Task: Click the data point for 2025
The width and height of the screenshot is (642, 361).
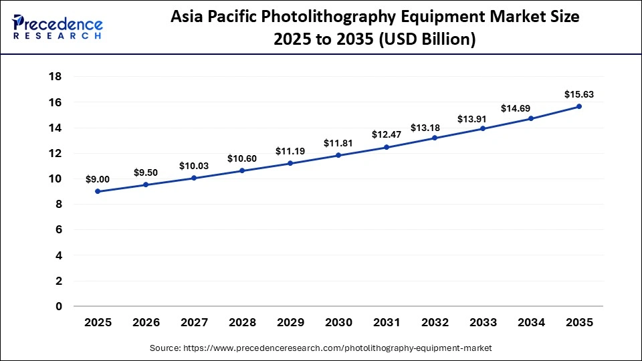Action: [x=98, y=191]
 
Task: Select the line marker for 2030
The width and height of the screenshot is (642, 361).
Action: [x=338, y=155]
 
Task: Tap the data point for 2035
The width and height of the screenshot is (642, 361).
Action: [x=579, y=106]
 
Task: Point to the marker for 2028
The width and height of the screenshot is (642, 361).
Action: [x=242, y=170]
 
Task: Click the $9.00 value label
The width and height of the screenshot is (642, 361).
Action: [x=98, y=179]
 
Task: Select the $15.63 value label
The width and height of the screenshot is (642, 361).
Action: [x=579, y=94]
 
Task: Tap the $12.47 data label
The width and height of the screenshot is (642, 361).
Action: [x=387, y=135]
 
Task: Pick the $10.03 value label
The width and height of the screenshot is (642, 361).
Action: [x=194, y=166]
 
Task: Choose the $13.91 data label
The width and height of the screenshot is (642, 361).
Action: [x=483, y=118]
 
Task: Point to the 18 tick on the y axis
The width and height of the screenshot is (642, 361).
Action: [x=56, y=77]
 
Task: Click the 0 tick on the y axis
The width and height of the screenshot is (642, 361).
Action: [x=59, y=306]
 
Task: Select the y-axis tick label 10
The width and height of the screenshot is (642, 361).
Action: [x=56, y=178]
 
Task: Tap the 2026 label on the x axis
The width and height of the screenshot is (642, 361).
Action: [x=146, y=322]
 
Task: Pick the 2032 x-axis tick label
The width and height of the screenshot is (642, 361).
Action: [x=435, y=322]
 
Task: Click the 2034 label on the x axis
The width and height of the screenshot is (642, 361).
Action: [x=531, y=322]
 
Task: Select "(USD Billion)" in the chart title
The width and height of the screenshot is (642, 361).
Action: [x=424, y=39]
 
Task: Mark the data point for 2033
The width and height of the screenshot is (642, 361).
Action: [x=483, y=128]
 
